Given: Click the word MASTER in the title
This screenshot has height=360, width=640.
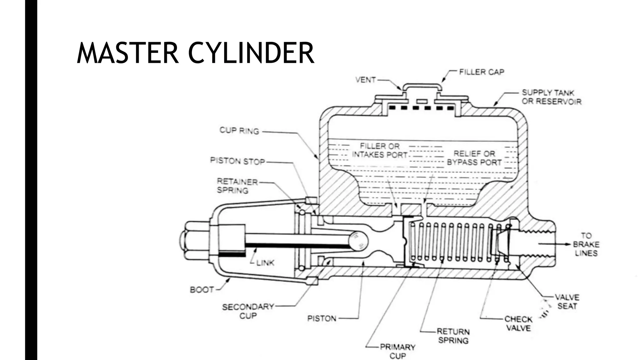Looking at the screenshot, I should (127, 53).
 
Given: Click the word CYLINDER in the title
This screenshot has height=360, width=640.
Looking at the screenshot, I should (251, 53).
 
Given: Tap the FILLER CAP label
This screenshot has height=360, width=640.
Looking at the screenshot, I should (481, 72).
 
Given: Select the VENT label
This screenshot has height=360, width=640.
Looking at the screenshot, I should (365, 80).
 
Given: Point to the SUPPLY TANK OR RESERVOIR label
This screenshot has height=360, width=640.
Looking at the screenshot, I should (551, 97).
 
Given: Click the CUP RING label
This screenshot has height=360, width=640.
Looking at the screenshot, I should (239, 131).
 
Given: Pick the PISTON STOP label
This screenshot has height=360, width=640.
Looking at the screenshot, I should (237, 161).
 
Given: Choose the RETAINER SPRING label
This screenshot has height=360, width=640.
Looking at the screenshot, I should (237, 186).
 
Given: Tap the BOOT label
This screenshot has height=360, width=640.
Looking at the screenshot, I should (202, 290).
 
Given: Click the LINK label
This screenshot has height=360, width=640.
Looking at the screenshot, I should (265, 263).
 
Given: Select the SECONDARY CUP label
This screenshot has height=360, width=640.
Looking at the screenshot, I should (248, 311).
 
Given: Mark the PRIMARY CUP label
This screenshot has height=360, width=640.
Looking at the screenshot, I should (397, 351).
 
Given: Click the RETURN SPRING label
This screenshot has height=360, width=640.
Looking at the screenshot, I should (453, 336).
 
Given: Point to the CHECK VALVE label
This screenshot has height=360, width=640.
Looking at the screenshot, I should (518, 323).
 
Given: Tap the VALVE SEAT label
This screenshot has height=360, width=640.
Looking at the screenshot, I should (567, 301).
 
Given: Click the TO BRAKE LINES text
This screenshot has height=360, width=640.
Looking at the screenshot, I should (586, 244).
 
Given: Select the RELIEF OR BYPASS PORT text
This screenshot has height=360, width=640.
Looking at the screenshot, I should (474, 158).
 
